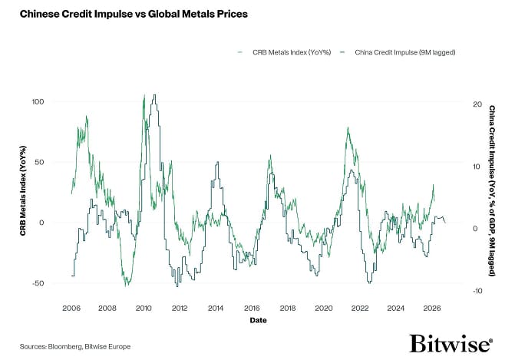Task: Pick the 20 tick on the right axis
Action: click(x=477, y=104)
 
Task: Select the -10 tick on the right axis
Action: click(x=477, y=292)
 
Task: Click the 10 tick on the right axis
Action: click(x=477, y=167)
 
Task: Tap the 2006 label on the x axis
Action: click(x=71, y=308)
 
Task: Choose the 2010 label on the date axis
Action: click(x=143, y=308)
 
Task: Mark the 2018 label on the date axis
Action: click(x=287, y=308)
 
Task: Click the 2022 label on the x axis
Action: click(x=359, y=308)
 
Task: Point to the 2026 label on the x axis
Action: click(x=431, y=308)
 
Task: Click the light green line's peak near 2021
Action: click(x=348, y=128)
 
